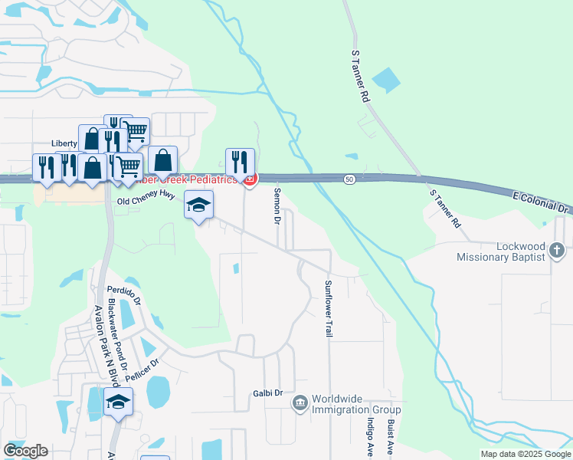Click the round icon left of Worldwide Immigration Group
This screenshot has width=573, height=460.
[x=300, y=402]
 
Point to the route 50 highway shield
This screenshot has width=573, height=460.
[x=349, y=178]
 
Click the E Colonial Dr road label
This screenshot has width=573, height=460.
[x=542, y=203]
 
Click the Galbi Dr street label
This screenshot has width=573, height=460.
[x=268, y=393]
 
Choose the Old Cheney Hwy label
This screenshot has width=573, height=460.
[x=146, y=199]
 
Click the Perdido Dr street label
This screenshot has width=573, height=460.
[x=124, y=296]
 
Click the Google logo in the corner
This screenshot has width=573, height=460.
[x=25, y=451]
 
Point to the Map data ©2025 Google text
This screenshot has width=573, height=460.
[x=525, y=454]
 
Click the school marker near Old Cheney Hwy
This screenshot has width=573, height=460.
[x=198, y=205]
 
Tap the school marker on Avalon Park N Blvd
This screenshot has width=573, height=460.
[x=118, y=402]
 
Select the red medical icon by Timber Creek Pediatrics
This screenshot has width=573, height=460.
[x=249, y=179]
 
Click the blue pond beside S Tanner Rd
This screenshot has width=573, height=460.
[x=385, y=80]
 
